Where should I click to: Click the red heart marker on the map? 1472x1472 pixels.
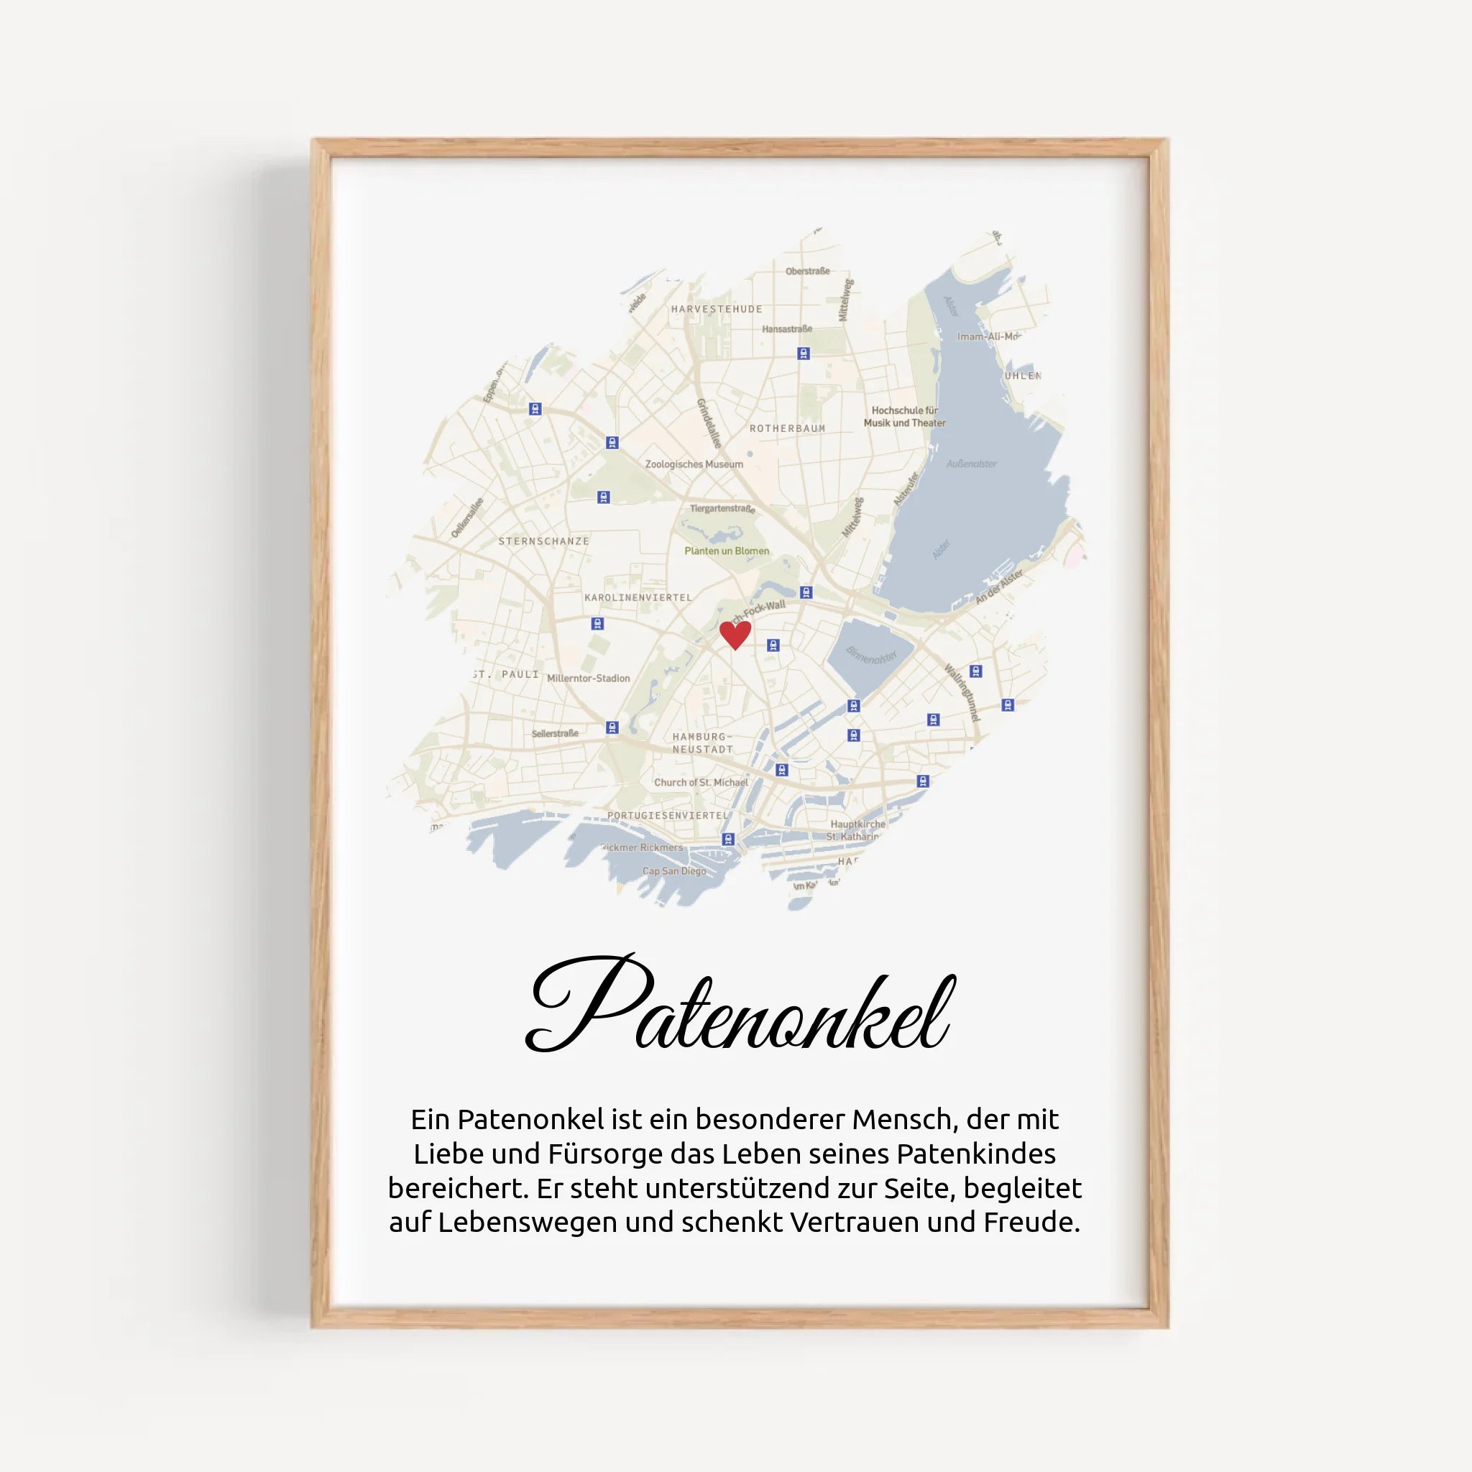[735, 634]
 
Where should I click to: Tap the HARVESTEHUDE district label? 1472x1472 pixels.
[716, 309]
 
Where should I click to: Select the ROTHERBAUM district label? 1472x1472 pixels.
[787, 429]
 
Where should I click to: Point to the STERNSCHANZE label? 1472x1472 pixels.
[543, 542]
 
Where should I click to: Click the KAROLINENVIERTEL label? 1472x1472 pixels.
[638, 598]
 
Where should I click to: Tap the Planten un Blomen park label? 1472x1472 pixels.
[726, 551]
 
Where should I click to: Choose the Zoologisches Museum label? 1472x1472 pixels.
[694, 464]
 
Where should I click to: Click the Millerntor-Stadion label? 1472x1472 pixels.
[588, 678]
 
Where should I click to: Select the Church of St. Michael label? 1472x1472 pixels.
[701, 783]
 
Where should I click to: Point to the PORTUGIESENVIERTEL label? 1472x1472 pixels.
[668, 815]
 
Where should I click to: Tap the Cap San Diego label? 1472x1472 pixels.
[673, 871]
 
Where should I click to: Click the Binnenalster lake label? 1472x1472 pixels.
[872, 655]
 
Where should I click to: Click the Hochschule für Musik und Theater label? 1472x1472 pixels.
[904, 417]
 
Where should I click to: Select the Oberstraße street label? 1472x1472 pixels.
[807, 271]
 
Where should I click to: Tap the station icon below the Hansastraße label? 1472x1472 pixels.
[803, 354]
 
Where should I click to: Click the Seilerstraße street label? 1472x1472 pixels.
[555, 734]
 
